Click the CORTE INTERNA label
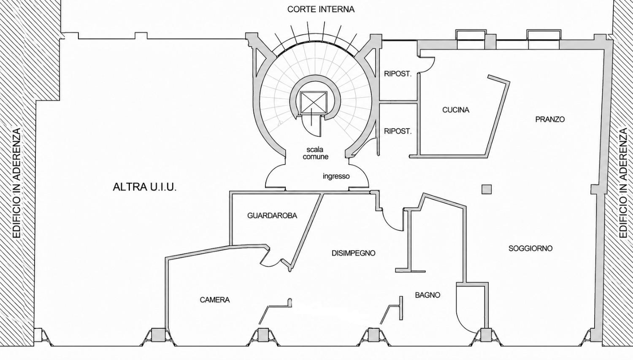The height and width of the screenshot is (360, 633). tap(321, 9)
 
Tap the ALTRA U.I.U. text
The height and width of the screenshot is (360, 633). tap(145, 187)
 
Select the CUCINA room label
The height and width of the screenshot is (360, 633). tap(455, 110)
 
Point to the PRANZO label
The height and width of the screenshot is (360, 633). tap(550, 119)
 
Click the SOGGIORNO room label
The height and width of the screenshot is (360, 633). tap(530, 249)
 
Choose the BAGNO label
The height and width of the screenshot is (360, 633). tap(427, 295)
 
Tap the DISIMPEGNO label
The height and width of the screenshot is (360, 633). tap(354, 253)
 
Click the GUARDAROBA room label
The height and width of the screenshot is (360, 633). tap(272, 216)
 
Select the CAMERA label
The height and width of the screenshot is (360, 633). tap(215, 300)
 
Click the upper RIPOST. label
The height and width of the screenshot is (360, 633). tap(398, 74)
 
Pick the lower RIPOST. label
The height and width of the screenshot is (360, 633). tap(398, 131)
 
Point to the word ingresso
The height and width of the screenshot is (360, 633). tap(336, 176)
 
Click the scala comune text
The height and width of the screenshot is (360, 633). tap(315, 153)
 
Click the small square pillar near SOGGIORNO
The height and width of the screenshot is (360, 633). tap(487, 189)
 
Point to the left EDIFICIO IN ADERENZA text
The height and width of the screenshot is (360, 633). tap(17, 184)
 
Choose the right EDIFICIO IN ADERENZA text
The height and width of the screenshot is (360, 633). tap(624, 184)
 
